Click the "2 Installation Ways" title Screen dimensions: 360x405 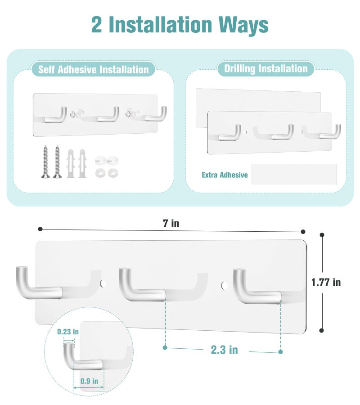(180, 25)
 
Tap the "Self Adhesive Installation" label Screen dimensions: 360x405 (93, 69)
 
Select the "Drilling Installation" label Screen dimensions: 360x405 (266, 69)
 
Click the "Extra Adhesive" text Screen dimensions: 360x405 (225, 175)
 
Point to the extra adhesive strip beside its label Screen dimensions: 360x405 (294, 174)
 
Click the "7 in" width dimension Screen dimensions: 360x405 (171, 223)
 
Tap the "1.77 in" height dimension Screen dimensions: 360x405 (326, 282)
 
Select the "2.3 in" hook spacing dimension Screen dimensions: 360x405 (224, 350)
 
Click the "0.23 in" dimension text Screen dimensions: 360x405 (68, 332)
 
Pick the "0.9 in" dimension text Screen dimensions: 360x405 (89, 381)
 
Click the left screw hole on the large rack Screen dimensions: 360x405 (103, 283)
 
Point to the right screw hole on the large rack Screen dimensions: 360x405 (224, 285)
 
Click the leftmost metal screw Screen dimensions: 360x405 (45, 162)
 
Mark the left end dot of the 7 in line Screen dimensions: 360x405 (40, 229)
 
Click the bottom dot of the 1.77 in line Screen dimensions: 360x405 (321, 330)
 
